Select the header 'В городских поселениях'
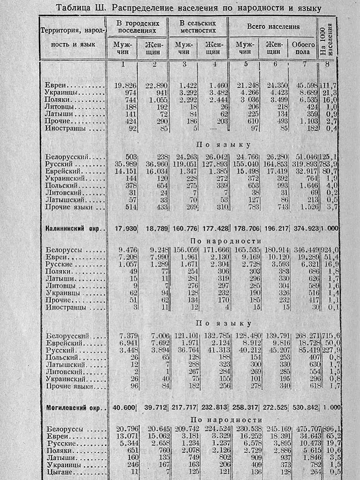coord(137,26)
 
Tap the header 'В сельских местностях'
coord(198,26)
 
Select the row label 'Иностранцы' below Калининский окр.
coord(66,307)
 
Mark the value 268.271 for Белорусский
coord(304,336)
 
